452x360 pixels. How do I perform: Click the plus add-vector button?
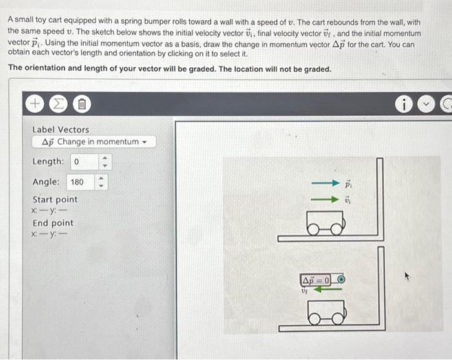click(35, 103)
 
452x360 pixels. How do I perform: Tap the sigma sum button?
click(58, 103)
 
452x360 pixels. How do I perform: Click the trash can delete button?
click(82, 104)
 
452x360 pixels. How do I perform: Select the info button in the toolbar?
click(404, 104)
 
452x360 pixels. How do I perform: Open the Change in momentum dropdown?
click(94, 142)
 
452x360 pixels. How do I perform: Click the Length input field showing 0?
click(85, 162)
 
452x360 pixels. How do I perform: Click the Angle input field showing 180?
click(81, 182)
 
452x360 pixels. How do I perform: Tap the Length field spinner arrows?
click(105, 162)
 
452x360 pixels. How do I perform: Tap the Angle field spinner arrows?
click(101, 182)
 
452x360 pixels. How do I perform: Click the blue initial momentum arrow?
click(325, 183)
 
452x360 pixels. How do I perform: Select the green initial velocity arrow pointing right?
click(325, 199)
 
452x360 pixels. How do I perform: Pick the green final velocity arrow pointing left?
click(327, 289)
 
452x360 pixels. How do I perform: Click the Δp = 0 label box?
click(315, 280)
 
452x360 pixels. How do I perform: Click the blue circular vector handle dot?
click(341, 279)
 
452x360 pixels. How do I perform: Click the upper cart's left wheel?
click(313, 229)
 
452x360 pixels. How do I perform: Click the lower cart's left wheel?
click(314, 319)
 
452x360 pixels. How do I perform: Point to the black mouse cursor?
click(407, 276)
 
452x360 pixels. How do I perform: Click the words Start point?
click(55, 200)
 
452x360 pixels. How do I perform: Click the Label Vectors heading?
click(61, 130)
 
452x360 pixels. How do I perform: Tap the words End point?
click(53, 223)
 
